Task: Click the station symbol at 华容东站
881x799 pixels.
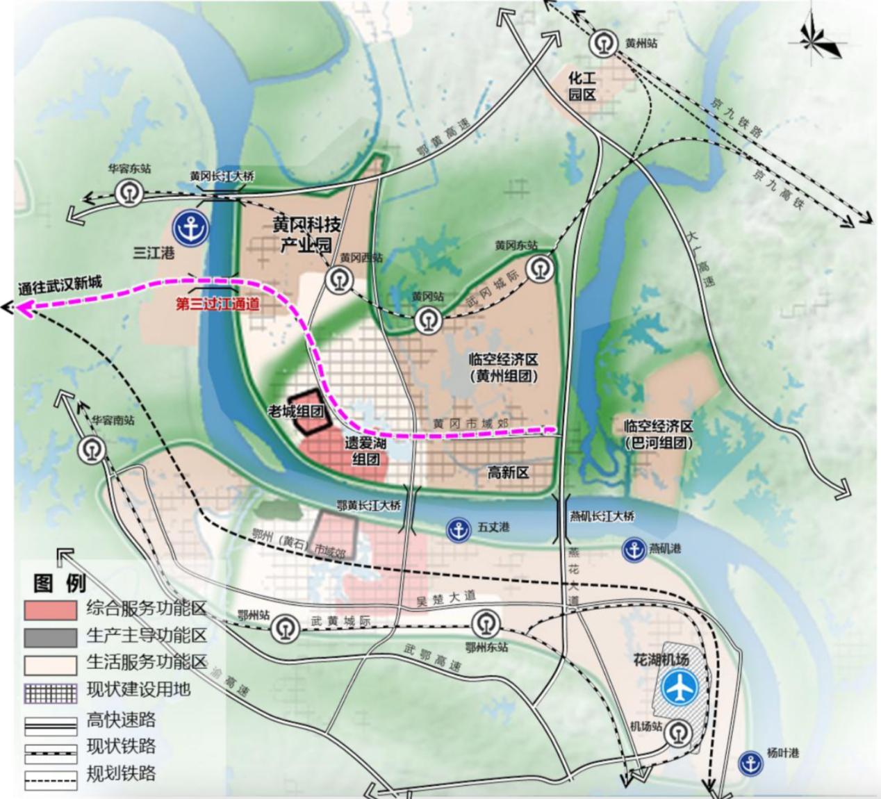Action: (x=129, y=191)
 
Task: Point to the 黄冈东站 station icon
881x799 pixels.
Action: (x=539, y=268)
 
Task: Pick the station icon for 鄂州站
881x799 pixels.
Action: (x=284, y=629)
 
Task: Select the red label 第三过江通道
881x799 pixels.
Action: (x=217, y=304)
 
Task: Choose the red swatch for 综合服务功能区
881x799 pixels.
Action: (x=50, y=610)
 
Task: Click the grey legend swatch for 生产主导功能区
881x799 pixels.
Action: (x=50, y=637)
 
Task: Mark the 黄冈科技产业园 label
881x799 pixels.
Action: (x=306, y=234)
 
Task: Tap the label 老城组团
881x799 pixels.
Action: (x=297, y=411)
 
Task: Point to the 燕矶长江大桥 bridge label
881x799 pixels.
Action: (x=602, y=516)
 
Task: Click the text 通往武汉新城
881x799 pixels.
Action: (x=60, y=284)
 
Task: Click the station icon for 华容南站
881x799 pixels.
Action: (x=91, y=449)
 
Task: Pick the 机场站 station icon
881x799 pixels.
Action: (x=675, y=732)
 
